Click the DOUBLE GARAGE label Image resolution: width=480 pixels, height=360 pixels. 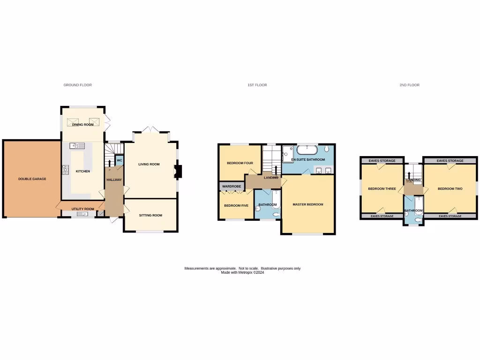[32, 179]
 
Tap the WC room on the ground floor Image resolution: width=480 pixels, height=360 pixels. [119, 161]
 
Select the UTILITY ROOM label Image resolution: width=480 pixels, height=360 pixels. [83, 209]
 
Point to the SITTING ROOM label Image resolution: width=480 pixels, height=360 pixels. [150, 216]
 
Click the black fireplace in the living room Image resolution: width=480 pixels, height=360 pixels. [178, 172]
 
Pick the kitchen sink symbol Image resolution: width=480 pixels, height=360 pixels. [77, 145]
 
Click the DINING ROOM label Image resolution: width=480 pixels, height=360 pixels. [83, 125]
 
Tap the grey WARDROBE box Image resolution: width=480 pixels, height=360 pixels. [231, 187]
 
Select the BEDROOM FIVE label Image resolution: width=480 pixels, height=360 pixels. [236, 206]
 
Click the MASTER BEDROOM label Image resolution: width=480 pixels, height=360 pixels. [308, 204]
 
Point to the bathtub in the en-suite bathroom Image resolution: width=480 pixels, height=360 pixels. [307, 150]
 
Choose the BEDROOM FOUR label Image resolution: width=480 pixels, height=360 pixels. [240, 164]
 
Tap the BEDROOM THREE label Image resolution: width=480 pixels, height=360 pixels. [382, 189]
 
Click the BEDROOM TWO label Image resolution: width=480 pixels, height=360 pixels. [450, 189]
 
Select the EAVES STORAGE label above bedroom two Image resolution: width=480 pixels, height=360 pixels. [450, 161]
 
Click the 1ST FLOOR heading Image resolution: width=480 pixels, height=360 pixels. [257, 85]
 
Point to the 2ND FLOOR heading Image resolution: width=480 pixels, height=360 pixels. [409, 85]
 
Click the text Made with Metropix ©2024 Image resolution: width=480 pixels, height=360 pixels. [242, 272]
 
